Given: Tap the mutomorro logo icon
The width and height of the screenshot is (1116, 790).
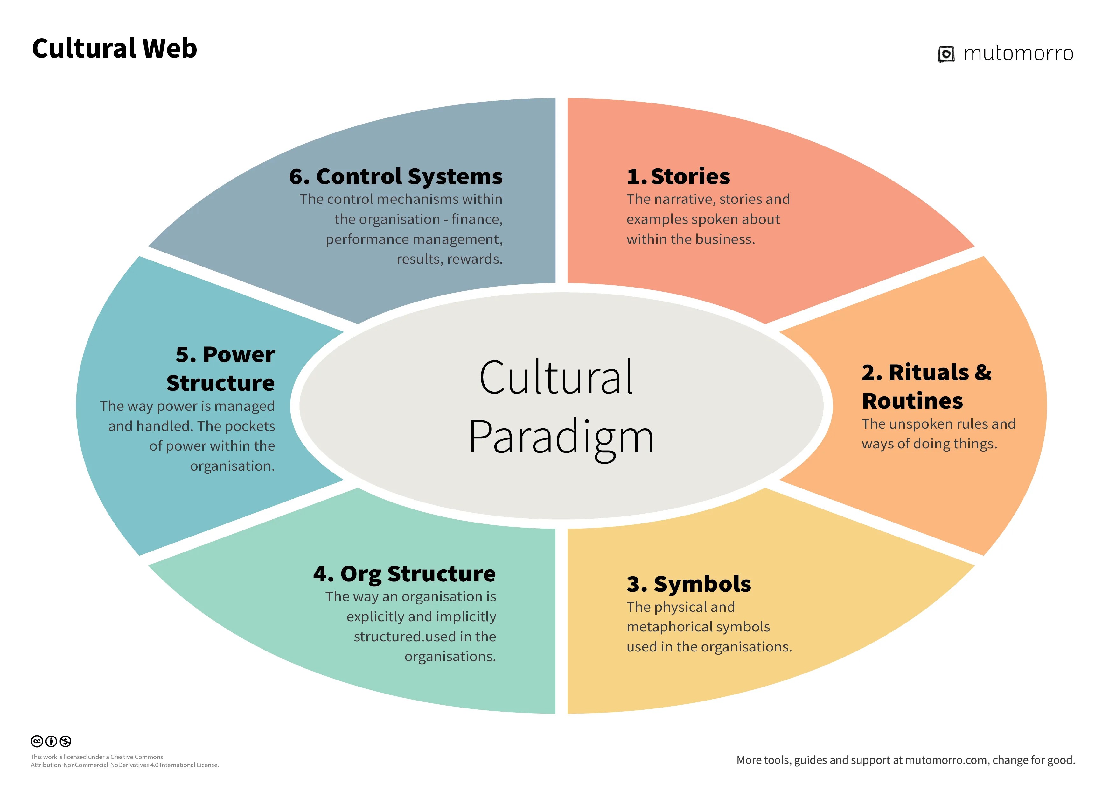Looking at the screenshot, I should pyautogui.click(x=945, y=54).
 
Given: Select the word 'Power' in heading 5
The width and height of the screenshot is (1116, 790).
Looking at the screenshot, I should pyautogui.click(x=239, y=355).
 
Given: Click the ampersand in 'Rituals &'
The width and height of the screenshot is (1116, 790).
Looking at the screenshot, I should pyautogui.click(x=982, y=373).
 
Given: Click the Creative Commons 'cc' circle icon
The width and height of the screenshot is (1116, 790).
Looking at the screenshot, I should pyautogui.click(x=37, y=741).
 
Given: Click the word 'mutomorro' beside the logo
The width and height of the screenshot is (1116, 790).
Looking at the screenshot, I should pyautogui.click(x=1018, y=53).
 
